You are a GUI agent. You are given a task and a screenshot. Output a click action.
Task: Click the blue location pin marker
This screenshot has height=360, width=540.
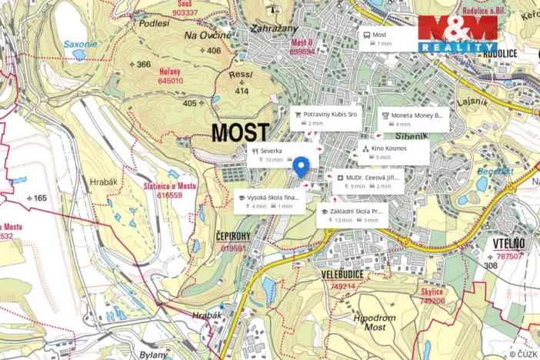pos(301,166)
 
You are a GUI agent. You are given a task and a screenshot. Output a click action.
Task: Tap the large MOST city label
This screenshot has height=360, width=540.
pos(240,133)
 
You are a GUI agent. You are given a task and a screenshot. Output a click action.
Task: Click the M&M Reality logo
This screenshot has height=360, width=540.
pos(458,33)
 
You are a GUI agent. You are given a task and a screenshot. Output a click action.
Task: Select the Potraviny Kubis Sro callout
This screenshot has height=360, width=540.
pos(325,118)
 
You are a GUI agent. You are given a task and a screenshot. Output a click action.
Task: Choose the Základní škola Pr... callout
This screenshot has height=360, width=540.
pos(353,215)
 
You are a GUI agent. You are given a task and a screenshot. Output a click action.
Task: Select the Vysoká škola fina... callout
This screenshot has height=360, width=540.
pos(269,202)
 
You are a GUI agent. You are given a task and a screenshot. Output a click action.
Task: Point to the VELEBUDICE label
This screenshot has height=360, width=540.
pos(342,273)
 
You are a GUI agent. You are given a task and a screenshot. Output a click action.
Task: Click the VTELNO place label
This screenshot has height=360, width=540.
pos(508,245)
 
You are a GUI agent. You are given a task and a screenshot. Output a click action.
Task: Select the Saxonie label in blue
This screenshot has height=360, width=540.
pos(80,44)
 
